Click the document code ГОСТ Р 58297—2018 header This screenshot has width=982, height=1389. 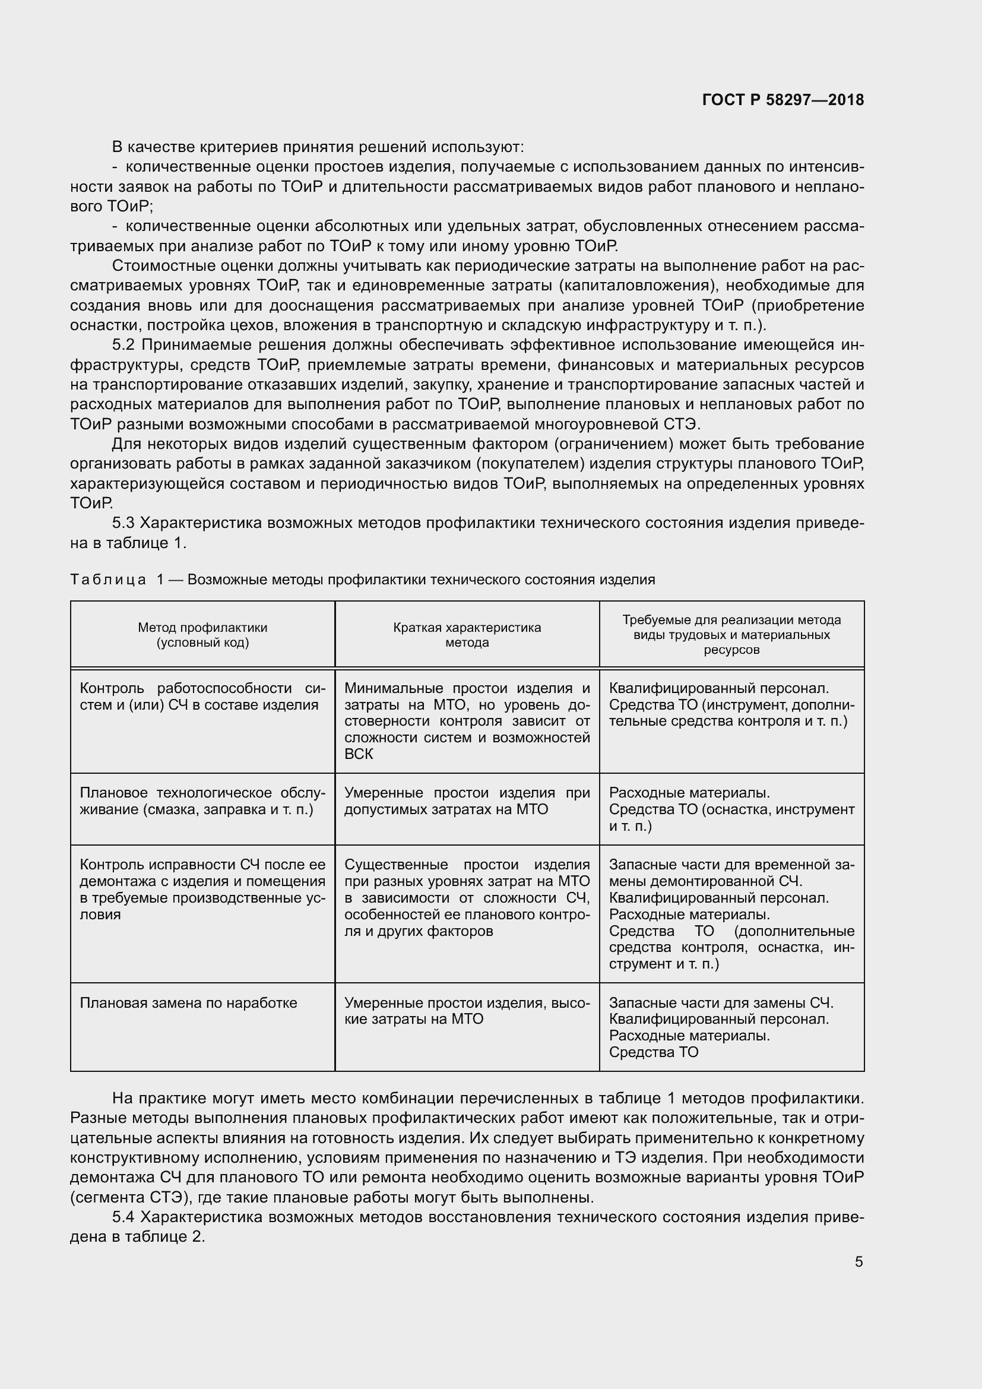(x=783, y=100)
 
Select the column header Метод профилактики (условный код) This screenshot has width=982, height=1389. (x=202, y=635)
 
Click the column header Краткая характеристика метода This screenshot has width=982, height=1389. (x=467, y=635)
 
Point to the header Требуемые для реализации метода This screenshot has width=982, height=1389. (x=731, y=620)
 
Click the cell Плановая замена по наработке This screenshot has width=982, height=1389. (x=189, y=1003)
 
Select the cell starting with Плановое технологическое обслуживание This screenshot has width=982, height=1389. (x=202, y=801)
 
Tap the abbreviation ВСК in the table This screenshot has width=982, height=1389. (x=359, y=754)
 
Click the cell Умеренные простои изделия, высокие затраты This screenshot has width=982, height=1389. (x=467, y=1011)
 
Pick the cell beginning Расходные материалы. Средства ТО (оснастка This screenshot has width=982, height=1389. (x=731, y=809)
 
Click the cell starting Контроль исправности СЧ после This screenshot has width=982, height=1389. (x=202, y=890)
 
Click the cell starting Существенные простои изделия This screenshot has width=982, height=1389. (x=467, y=898)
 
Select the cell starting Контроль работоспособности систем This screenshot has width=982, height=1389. (x=202, y=697)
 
